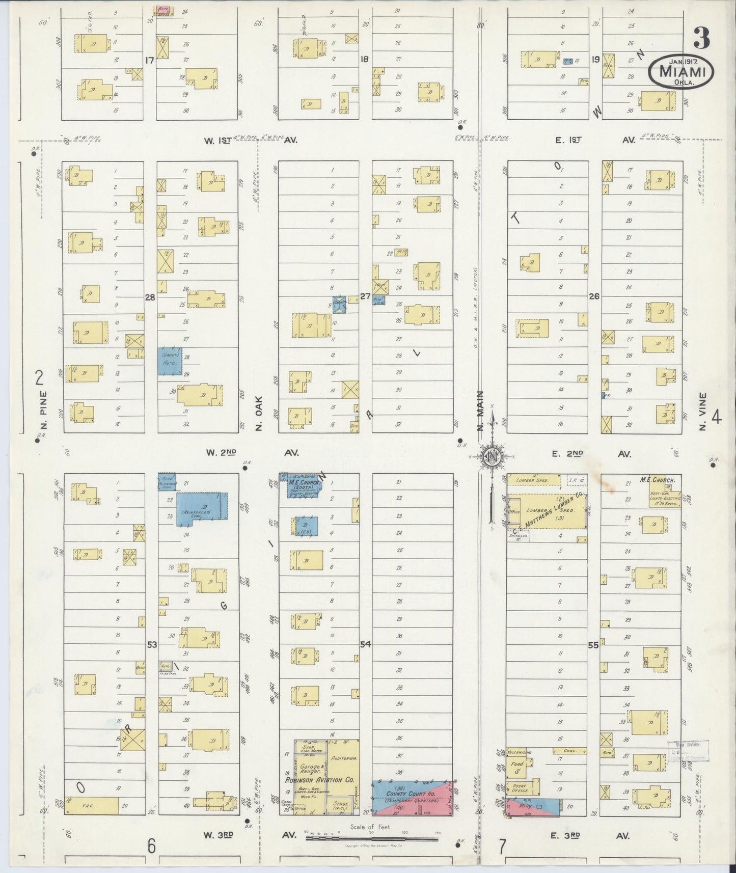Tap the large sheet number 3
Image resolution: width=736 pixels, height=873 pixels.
[x=702, y=38]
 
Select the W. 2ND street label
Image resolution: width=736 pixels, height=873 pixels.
[x=220, y=452]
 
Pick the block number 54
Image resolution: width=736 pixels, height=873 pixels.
[x=365, y=644]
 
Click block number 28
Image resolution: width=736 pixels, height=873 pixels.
[x=150, y=297]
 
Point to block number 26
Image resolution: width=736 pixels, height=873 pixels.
[x=594, y=296]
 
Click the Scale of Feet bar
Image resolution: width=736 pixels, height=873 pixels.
[x=371, y=837]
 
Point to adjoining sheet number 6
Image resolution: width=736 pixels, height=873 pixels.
[x=151, y=846]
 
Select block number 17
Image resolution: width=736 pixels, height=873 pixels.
[x=149, y=60]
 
